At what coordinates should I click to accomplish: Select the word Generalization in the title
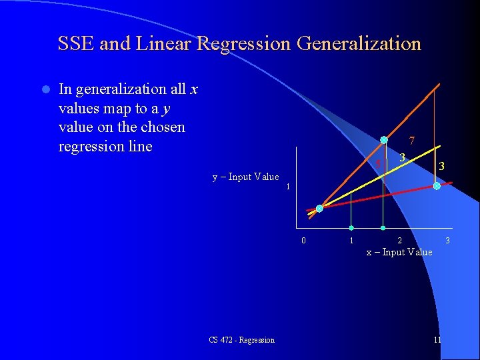pyautogui.click(x=359, y=44)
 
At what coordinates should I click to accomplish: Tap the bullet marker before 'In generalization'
pyautogui.click(x=45, y=89)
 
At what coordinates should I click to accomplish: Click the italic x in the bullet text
pyautogui.click(x=194, y=89)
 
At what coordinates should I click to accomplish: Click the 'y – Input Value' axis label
pyautogui.click(x=245, y=177)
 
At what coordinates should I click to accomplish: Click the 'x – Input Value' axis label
pyautogui.click(x=399, y=252)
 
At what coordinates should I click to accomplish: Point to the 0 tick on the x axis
pyautogui.click(x=303, y=241)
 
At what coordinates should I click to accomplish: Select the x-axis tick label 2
pyautogui.click(x=399, y=241)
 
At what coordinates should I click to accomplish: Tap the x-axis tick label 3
pyautogui.click(x=448, y=241)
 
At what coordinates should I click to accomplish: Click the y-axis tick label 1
pyautogui.click(x=288, y=187)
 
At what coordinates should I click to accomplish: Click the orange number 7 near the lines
pyautogui.click(x=413, y=141)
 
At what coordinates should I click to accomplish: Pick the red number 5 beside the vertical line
pyautogui.click(x=377, y=165)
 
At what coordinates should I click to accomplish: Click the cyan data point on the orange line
pyautogui.click(x=384, y=140)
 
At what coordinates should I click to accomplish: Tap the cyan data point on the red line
pyautogui.click(x=437, y=187)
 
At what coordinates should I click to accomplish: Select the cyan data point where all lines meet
pyautogui.click(x=319, y=209)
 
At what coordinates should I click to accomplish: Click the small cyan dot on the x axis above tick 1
pyautogui.click(x=351, y=229)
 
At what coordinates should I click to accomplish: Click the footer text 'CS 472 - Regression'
pyautogui.click(x=241, y=340)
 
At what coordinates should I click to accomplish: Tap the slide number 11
pyautogui.click(x=437, y=340)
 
